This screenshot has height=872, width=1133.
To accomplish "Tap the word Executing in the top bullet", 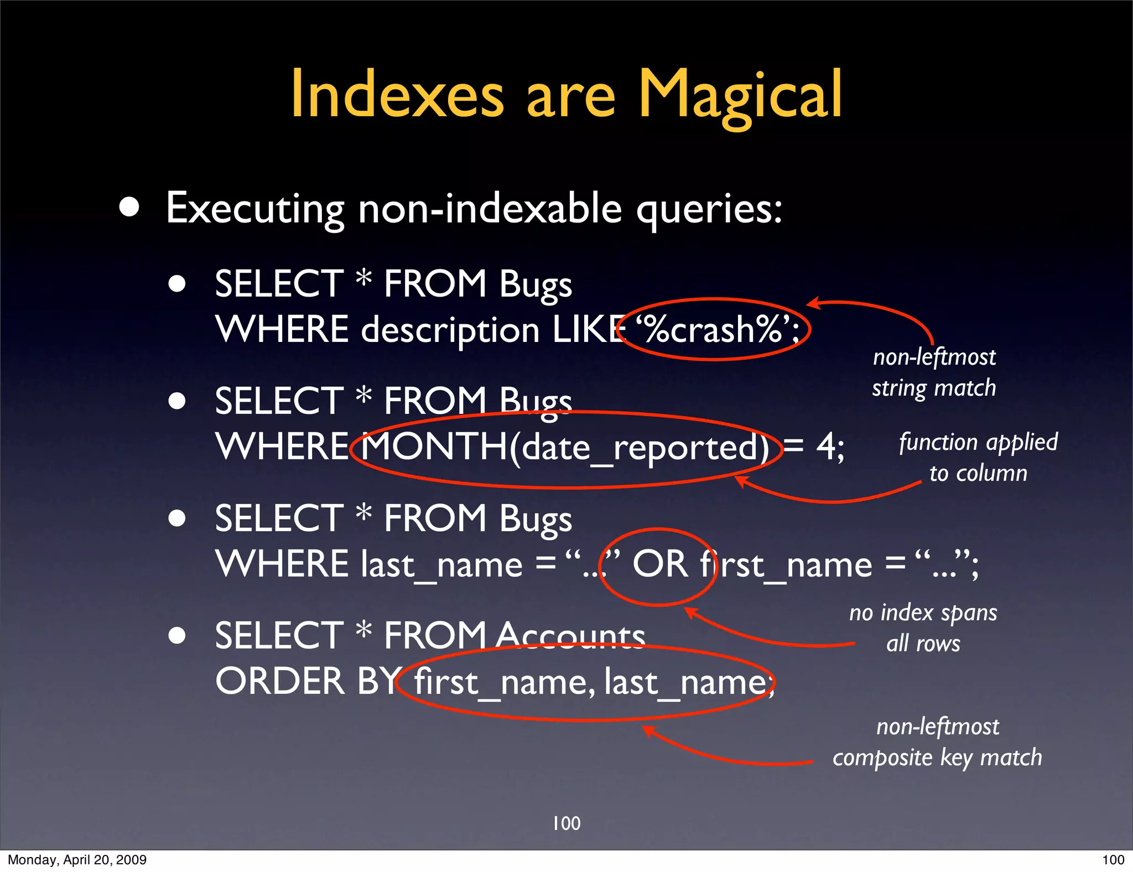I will [255, 209].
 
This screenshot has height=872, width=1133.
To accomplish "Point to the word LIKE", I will [589, 330].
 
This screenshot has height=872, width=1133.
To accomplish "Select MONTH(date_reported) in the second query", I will [565, 447].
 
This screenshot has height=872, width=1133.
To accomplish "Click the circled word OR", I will [659, 564].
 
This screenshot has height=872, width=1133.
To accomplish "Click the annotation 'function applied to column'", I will [978, 458].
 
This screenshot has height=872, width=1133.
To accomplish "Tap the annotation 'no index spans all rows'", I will [923, 628].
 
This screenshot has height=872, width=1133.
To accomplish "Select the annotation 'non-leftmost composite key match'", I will [938, 742].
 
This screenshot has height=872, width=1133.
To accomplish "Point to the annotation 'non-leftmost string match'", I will [934, 372].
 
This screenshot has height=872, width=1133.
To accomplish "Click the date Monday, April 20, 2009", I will [77, 860].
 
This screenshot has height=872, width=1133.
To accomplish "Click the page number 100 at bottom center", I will [566, 823].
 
